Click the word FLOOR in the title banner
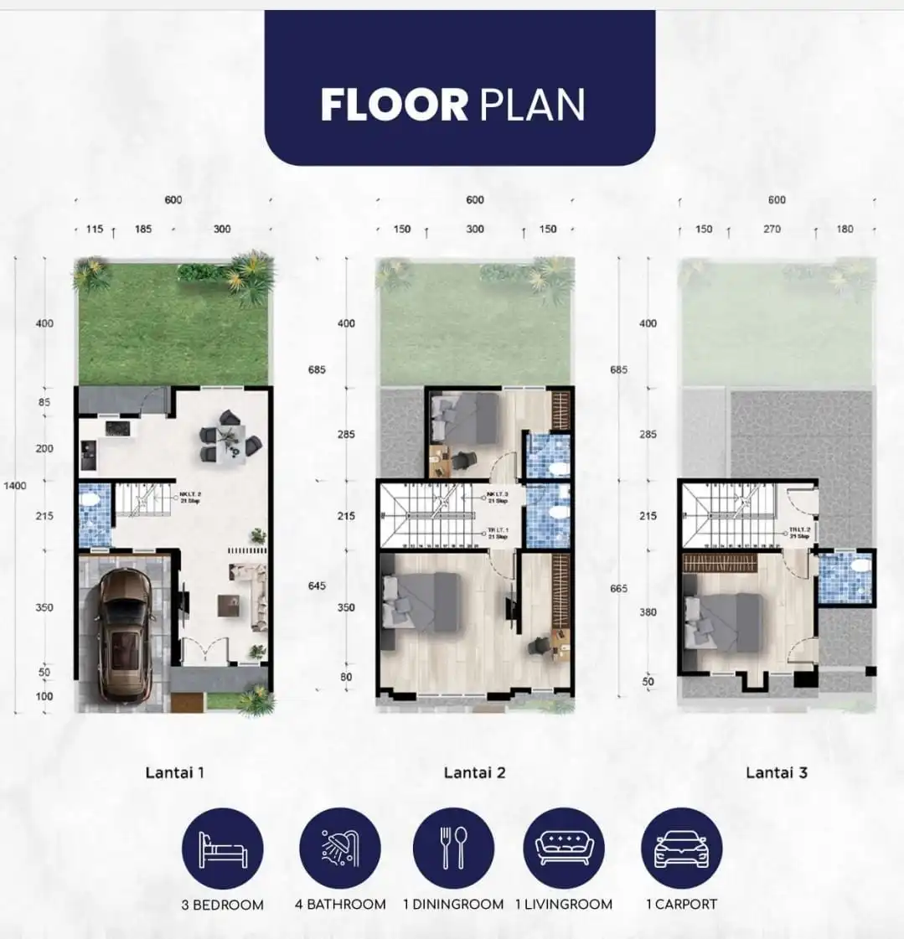(x=394, y=106)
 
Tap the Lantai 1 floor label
(x=174, y=772)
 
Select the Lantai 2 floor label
(x=474, y=772)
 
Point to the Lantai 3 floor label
(x=777, y=772)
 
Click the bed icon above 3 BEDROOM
(x=223, y=849)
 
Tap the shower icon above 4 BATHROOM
(x=339, y=849)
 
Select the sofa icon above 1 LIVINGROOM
(x=564, y=849)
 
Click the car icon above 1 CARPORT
(x=681, y=849)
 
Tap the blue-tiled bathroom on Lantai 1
(x=94, y=514)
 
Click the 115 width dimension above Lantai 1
(x=95, y=229)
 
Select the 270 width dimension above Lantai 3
(x=772, y=229)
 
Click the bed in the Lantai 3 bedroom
(x=722, y=622)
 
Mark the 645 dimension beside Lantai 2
(x=317, y=586)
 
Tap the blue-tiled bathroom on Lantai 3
(x=845, y=577)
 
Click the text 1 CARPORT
(x=681, y=905)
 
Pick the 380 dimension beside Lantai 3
(x=648, y=611)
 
